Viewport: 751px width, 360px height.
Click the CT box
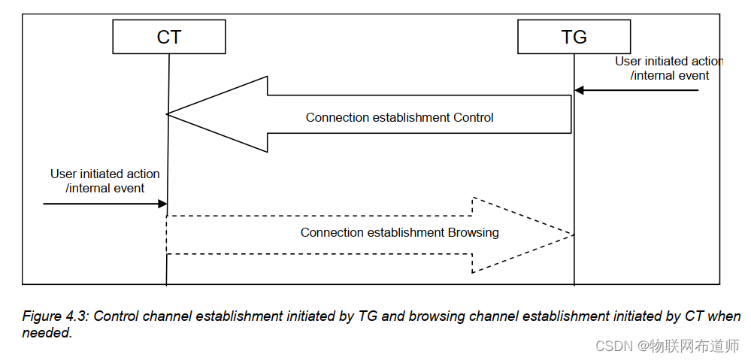click(x=169, y=37)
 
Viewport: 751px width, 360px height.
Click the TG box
click(x=574, y=37)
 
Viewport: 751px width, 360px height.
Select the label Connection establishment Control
click(x=399, y=117)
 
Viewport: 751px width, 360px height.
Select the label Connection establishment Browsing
click(x=399, y=232)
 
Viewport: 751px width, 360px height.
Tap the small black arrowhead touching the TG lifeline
click(x=580, y=90)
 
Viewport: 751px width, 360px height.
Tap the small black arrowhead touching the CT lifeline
click(x=162, y=204)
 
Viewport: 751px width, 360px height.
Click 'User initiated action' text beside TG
click(x=669, y=62)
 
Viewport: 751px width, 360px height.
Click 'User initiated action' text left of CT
click(x=105, y=174)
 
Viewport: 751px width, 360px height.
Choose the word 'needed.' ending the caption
click(x=47, y=333)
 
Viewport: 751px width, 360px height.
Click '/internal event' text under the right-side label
click(x=669, y=75)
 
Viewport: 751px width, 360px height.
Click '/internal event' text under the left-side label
click(x=105, y=188)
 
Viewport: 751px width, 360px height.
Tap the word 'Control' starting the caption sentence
click(x=117, y=316)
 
